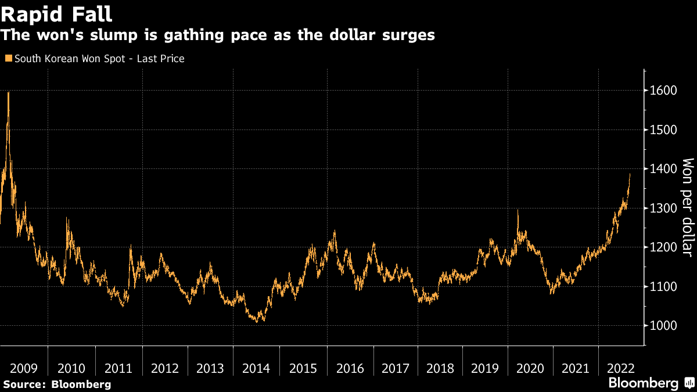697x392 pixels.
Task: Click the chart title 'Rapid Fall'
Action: tap(57, 13)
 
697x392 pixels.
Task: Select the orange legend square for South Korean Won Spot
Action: tap(8, 59)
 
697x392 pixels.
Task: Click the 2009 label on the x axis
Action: tap(24, 368)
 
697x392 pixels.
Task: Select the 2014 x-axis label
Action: tap(256, 368)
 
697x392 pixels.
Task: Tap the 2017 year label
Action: tap(396, 368)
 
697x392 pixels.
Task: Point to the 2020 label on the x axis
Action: tap(530, 368)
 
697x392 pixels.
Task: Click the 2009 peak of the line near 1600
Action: tap(8, 93)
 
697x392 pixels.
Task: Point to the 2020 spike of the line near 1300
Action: tap(518, 211)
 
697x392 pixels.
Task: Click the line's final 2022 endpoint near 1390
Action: tap(630, 174)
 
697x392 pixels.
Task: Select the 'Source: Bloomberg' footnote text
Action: tap(57, 384)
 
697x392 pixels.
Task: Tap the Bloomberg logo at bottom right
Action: tap(644, 383)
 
